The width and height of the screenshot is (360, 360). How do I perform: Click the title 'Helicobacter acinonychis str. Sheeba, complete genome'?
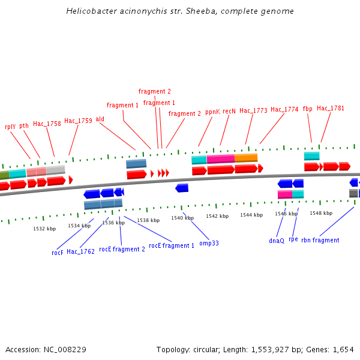[x=180, y=11]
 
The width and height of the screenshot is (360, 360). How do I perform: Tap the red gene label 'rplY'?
[x=10, y=127]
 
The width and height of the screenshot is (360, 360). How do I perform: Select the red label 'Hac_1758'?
[x=47, y=124]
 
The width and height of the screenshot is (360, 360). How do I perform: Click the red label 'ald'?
[x=100, y=119]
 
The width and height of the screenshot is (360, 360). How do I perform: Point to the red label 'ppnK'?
[x=212, y=112]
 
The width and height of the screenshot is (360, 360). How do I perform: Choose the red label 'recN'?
[x=229, y=112]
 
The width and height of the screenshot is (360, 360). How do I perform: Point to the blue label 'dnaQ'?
[x=277, y=241]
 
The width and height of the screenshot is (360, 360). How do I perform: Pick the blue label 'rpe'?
[x=293, y=239]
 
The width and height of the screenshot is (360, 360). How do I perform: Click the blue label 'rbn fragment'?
[x=320, y=240]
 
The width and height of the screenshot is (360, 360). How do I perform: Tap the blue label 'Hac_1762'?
[x=80, y=252]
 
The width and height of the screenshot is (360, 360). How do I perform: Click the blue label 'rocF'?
[x=58, y=253]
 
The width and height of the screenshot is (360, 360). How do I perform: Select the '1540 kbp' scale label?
[x=182, y=218]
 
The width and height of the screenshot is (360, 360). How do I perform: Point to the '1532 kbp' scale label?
[x=44, y=229]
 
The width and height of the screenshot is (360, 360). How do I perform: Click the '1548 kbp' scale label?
[x=321, y=213]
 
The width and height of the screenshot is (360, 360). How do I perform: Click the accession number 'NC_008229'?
[x=65, y=349]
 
